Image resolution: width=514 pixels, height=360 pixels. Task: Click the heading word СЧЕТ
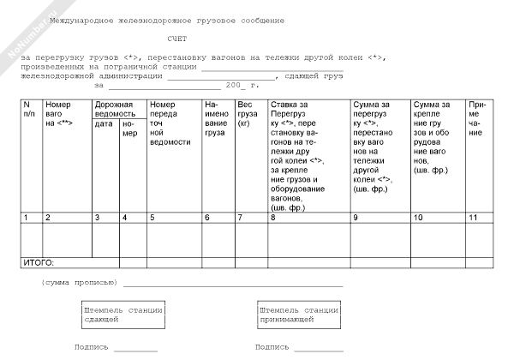click(x=177, y=39)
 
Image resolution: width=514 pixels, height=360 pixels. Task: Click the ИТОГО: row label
click(x=37, y=261)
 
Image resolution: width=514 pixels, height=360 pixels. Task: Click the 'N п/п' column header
click(x=29, y=109)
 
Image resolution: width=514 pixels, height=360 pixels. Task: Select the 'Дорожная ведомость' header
click(x=114, y=109)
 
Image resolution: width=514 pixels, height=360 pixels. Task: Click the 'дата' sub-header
click(x=103, y=123)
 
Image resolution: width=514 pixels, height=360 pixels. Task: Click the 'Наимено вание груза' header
click(x=216, y=118)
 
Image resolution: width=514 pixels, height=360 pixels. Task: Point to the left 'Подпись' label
click(x=92, y=347)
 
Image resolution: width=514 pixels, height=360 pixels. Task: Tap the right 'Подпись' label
click(x=272, y=347)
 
